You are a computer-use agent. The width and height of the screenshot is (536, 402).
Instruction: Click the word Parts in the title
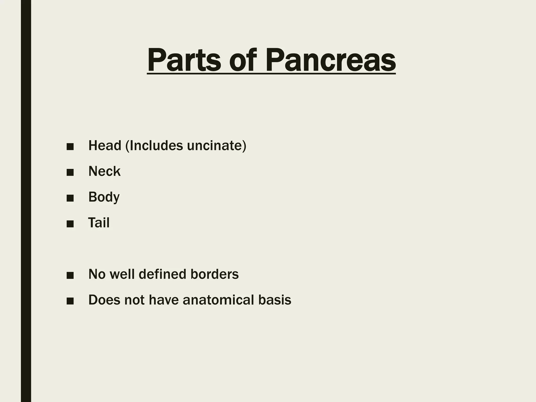tap(184, 60)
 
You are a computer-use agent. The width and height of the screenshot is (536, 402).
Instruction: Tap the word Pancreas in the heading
tap(330, 60)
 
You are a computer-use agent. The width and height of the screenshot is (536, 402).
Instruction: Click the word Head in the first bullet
tap(105, 146)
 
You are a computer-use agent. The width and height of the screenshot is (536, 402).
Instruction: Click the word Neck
tap(104, 171)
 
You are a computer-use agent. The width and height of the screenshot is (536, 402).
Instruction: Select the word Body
tap(104, 197)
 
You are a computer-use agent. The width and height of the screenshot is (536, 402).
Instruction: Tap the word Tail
tap(99, 223)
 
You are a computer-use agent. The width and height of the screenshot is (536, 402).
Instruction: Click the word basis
tap(275, 300)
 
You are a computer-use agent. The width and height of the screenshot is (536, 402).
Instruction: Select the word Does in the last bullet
tap(104, 300)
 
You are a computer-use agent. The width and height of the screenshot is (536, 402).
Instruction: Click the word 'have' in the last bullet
tap(164, 300)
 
